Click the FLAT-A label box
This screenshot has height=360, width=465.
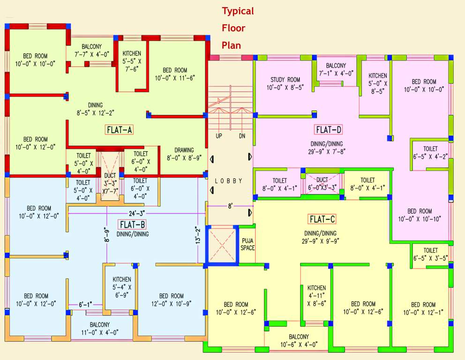(x=119, y=130)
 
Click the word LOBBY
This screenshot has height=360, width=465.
(x=229, y=181)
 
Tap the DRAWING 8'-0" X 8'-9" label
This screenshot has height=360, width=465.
(x=185, y=154)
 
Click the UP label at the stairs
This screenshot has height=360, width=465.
(x=219, y=136)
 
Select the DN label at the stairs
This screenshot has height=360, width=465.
(x=242, y=136)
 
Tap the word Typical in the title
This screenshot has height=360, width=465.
(x=238, y=11)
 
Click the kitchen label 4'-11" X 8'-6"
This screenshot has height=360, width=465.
(x=316, y=295)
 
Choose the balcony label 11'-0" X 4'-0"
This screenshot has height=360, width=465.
(x=99, y=328)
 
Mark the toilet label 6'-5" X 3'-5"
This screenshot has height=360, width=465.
(x=430, y=254)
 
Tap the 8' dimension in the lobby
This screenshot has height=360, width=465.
(x=230, y=205)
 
